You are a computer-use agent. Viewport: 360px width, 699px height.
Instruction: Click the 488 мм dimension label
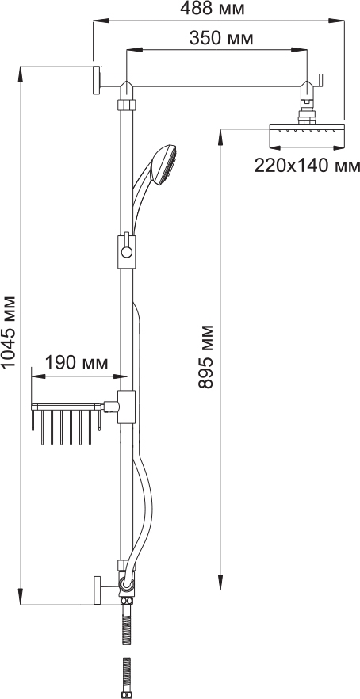[x=212, y=9]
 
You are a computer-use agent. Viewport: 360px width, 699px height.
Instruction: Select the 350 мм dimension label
[x=221, y=38]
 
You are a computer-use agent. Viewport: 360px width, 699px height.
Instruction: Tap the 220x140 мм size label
[x=307, y=166]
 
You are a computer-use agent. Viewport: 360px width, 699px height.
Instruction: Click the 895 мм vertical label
[x=205, y=357]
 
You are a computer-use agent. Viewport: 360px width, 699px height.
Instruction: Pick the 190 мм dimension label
[x=76, y=363]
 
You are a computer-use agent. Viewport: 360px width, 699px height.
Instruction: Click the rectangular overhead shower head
[x=308, y=137]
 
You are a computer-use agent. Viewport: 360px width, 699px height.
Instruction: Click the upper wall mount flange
[x=97, y=80]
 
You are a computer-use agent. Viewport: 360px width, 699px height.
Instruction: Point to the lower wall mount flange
[x=98, y=590]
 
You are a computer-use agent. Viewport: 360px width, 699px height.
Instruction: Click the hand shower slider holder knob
[x=127, y=252]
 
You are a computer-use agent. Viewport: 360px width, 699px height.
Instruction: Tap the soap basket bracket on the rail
[x=126, y=407]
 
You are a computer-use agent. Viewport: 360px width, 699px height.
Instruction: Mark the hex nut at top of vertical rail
[x=127, y=105]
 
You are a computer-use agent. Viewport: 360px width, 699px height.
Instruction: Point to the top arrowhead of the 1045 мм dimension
[x=21, y=74]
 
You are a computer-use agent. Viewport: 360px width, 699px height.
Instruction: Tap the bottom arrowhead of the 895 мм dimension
[x=220, y=582]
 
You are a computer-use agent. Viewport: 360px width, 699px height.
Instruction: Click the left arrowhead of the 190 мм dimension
[x=38, y=376]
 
